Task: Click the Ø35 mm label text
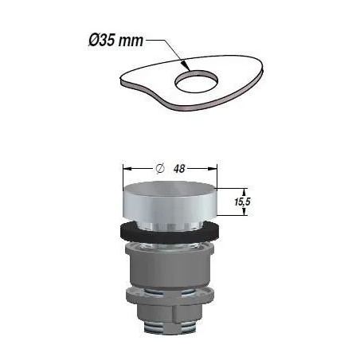coord(115,41)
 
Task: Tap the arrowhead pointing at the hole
coord(186,65)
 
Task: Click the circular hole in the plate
coord(196,82)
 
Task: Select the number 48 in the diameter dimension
coord(179,169)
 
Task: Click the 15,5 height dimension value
coord(242,202)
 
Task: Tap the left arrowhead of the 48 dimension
coord(127,169)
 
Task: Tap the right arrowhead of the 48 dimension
coord(213,169)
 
